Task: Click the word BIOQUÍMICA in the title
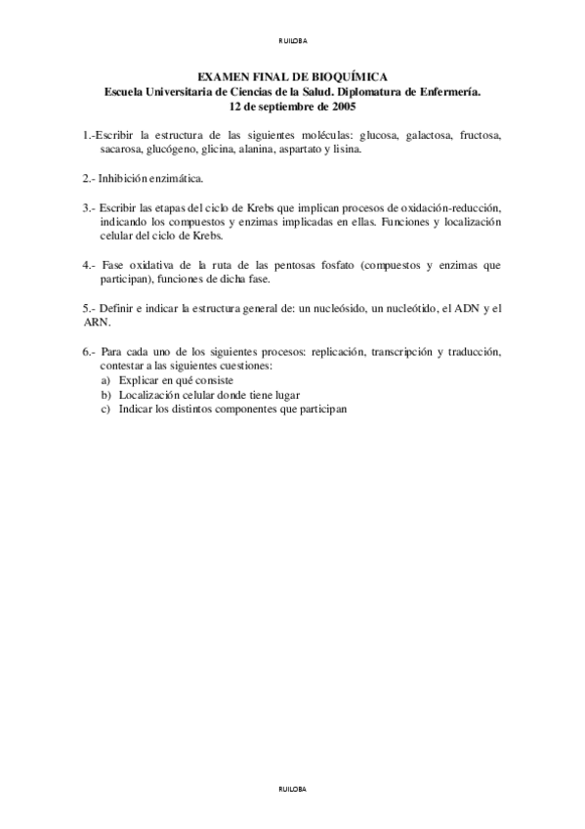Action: (x=349, y=75)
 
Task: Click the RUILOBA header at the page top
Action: (x=292, y=40)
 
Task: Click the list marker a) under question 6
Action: (x=105, y=378)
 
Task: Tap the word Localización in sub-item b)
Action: (x=146, y=393)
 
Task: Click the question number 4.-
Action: (x=90, y=265)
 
